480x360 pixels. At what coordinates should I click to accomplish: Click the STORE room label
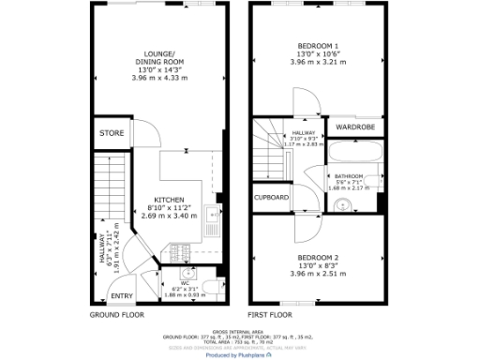[x=112, y=133]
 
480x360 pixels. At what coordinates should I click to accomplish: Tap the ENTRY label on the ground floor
[x=122, y=295]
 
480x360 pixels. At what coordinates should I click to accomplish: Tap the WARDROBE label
[x=354, y=127]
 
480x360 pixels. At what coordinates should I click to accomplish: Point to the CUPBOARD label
[x=272, y=197]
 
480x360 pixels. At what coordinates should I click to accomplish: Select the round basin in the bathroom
[x=344, y=205]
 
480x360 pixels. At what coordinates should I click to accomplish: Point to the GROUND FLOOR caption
[x=118, y=315]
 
